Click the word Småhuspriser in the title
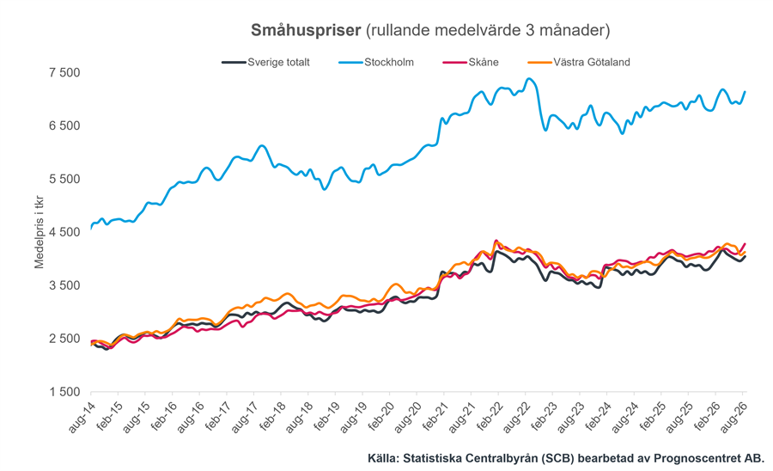[x=306, y=31]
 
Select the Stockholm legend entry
[x=376, y=62]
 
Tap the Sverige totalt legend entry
[x=266, y=62]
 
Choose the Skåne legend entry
[x=471, y=62]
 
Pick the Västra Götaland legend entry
[x=579, y=62]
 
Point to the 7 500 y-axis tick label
[x=64, y=72]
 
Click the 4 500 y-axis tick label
[x=64, y=232]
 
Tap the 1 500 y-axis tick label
[x=64, y=392]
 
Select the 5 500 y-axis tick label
[x=64, y=179]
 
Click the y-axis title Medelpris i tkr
[x=39, y=232]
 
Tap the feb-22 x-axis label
[x=489, y=417]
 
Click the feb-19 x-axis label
[x=326, y=417]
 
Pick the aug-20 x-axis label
[x=407, y=417]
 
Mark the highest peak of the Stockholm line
[x=529, y=78]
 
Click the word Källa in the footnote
[x=383, y=458]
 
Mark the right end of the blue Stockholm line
[x=745, y=92]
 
